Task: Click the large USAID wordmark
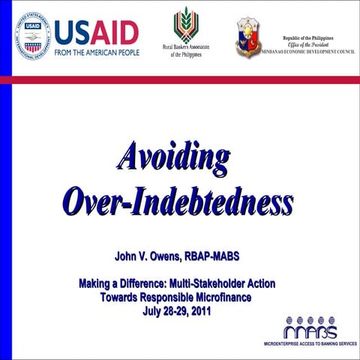click(96, 31)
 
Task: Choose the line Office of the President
click(307, 44)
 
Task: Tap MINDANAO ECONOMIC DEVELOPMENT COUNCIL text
click(307, 52)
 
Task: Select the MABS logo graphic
click(310, 328)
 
